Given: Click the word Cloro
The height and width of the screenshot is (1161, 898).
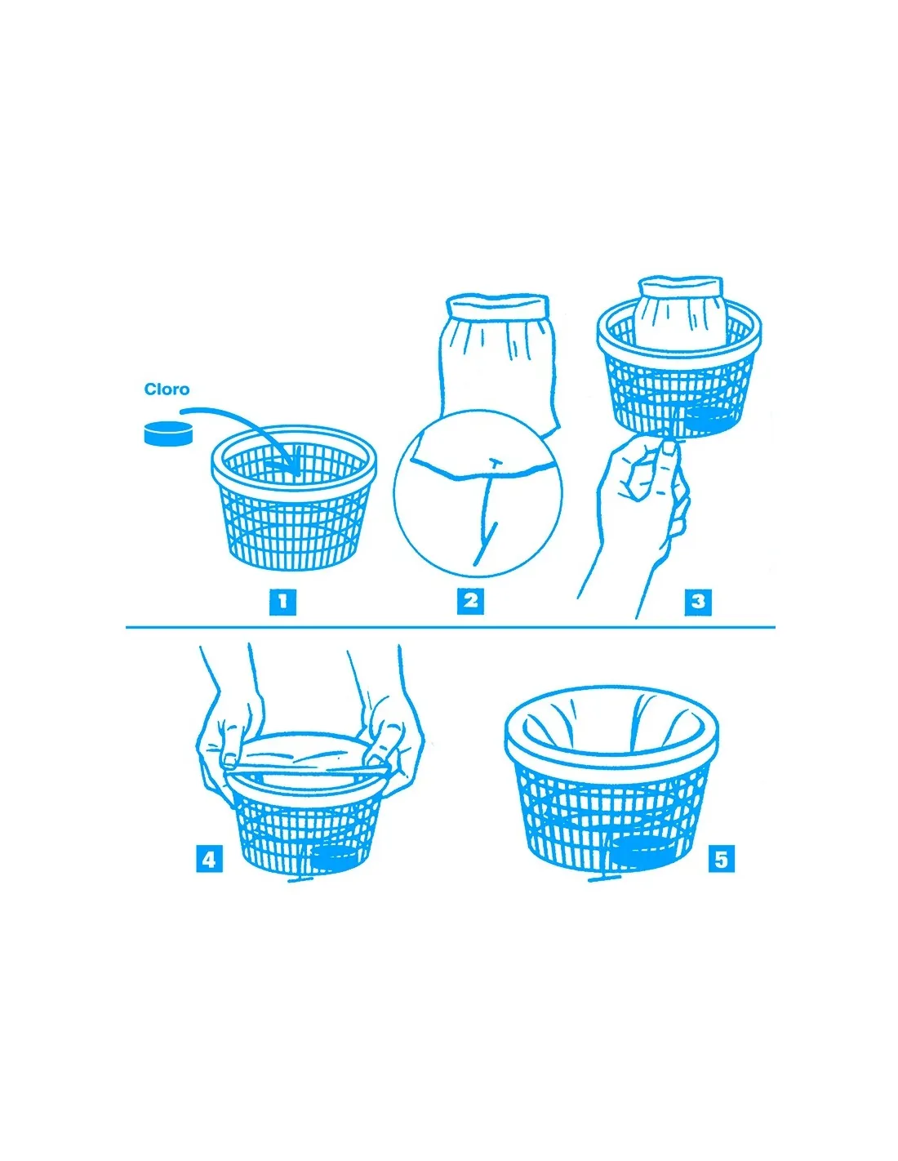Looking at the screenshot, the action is click(167, 389).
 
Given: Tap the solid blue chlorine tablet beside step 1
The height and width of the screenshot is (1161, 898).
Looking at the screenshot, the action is click(168, 433).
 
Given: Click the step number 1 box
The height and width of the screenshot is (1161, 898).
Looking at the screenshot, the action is click(282, 603).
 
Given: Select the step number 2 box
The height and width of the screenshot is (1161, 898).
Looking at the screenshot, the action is click(470, 601).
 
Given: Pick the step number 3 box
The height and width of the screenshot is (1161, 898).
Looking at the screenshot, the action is click(698, 603).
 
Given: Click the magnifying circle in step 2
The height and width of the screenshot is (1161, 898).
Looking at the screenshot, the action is click(478, 493).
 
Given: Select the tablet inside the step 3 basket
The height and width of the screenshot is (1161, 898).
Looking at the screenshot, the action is click(709, 417).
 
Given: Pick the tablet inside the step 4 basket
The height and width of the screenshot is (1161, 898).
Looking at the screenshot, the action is click(335, 857).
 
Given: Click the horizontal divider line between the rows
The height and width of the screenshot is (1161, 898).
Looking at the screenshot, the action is click(450, 627).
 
